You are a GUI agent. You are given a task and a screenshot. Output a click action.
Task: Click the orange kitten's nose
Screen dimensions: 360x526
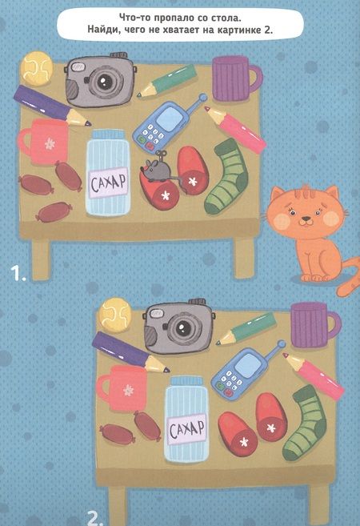(306, 219)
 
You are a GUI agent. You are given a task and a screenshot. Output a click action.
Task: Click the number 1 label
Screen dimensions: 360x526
(18, 272)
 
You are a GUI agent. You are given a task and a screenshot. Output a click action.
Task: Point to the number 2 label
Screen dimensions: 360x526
(94, 518)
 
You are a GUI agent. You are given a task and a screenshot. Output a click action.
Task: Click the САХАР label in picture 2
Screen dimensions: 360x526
(187, 430)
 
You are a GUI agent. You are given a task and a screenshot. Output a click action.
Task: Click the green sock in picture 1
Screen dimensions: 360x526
(227, 177)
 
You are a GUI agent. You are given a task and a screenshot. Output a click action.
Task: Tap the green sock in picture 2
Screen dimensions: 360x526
(306, 424)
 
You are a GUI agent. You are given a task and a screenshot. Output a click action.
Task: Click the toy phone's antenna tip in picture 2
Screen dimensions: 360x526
(282, 344)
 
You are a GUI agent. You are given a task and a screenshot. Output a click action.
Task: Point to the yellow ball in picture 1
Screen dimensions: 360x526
(37, 68)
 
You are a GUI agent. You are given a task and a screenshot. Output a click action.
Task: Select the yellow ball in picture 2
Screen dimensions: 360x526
(115, 315)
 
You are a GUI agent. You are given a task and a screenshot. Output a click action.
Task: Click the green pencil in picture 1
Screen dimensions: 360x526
(166, 81)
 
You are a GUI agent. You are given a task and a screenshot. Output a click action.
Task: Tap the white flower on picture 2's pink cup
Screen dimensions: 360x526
(128, 390)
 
